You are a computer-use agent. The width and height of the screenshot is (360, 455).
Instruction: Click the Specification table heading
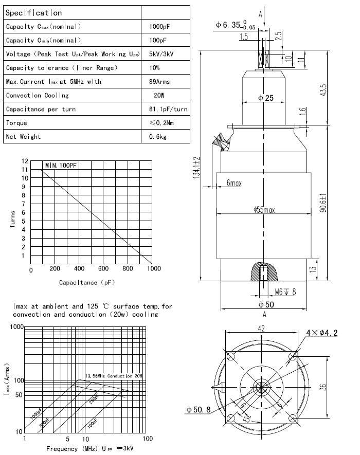coord(33,13)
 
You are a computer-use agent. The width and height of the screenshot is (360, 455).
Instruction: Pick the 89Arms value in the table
coord(159,81)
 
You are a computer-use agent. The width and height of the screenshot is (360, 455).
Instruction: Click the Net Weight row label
coord(23,137)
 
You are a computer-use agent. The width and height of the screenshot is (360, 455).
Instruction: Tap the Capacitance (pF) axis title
coord(87,282)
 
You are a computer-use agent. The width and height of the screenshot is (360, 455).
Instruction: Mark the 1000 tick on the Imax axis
coord(17,327)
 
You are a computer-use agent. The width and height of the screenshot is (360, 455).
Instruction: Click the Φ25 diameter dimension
coord(265,98)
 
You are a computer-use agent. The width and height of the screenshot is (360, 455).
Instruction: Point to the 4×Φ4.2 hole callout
coord(322,333)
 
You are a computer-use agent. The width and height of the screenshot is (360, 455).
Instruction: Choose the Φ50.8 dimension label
coord(198,409)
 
